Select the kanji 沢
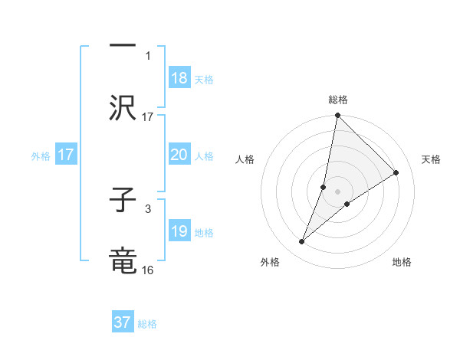[122, 107]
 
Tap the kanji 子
[122, 201]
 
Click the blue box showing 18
[179, 79]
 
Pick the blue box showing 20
[179, 155]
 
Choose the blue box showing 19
[179, 231]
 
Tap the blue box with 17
[66, 155]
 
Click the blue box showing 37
[123, 322]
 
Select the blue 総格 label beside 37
[147, 324]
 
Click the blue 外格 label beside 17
[41, 155]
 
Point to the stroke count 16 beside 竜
[148, 270]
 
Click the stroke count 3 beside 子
[148, 208]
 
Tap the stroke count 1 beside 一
[149, 56]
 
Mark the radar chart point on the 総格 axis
[337, 116]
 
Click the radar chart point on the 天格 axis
[396, 173]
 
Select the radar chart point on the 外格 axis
[302, 242]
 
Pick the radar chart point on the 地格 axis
[347, 204]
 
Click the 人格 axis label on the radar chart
[245, 159]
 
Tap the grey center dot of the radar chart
[337, 191]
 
